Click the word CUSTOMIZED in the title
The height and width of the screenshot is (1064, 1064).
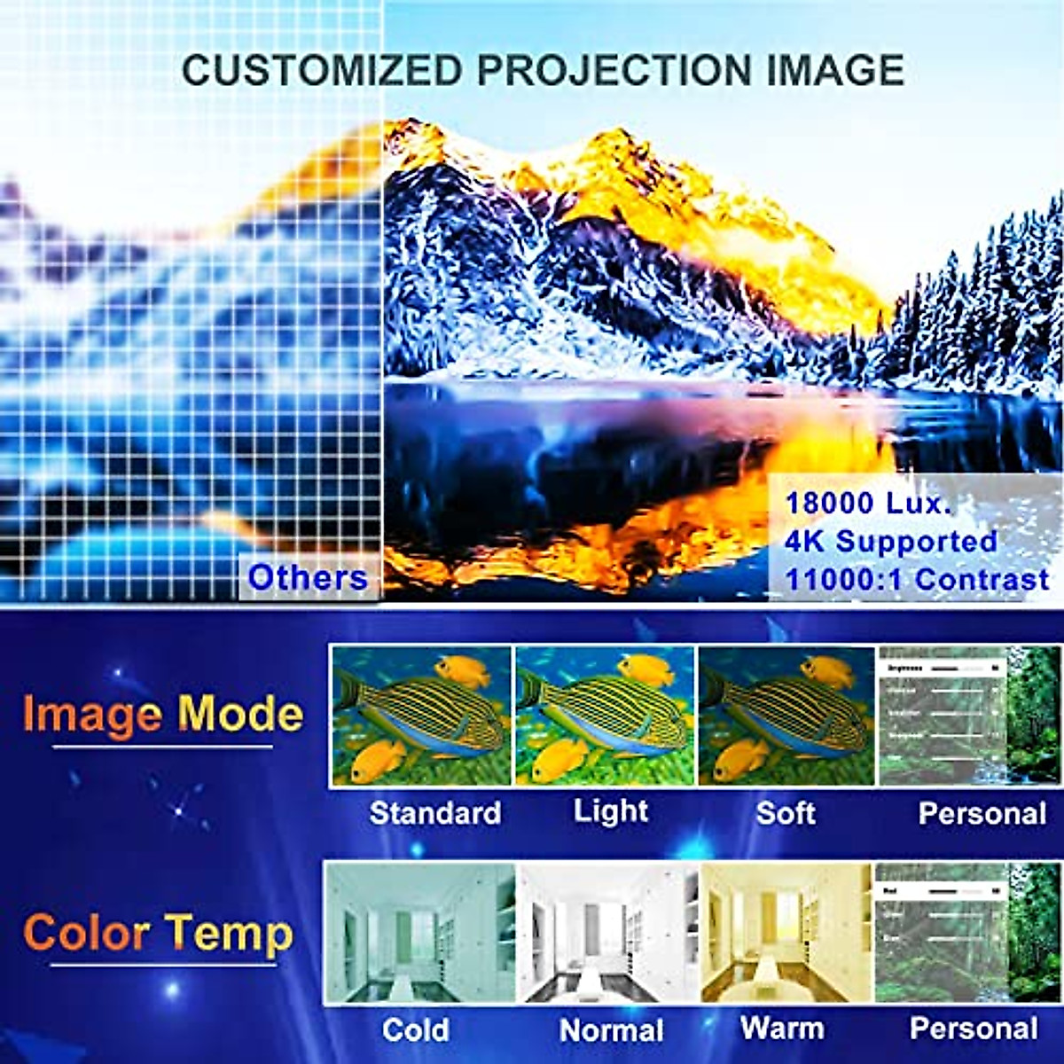point(322,69)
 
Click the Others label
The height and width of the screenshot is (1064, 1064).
point(308,577)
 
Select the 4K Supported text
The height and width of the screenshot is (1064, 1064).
point(891,541)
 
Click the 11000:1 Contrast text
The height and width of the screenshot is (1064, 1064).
point(917,579)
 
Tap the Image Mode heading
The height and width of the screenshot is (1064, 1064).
point(163,714)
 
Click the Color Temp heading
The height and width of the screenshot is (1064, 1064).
point(158,933)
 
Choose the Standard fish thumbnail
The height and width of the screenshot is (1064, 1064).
point(421,716)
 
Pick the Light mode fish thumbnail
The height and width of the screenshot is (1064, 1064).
point(605,716)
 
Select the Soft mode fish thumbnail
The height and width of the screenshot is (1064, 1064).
point(786,716)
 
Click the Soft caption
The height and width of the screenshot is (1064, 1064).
point(786,812)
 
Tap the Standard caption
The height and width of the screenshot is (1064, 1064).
point(434,812)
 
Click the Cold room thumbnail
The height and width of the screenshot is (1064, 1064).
point(420,933)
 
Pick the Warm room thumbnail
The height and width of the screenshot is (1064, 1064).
point(786,933)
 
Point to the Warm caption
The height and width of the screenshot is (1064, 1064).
point(782,1029)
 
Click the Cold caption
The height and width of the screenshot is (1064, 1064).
point(415,1029)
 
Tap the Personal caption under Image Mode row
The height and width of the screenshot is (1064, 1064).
point(982,812)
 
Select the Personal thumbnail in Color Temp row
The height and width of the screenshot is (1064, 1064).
point(967,933)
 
